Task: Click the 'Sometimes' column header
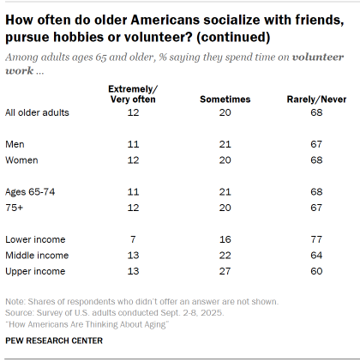(225, 99)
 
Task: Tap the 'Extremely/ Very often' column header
(133, 94)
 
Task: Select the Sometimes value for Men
(225, 143)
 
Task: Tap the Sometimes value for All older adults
(225, 112)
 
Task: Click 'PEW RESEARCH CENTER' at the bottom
(54, 341)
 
